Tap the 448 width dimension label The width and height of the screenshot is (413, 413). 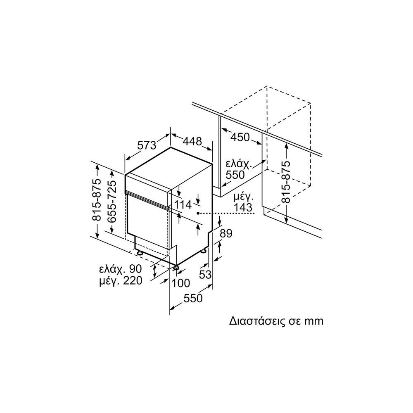click(192, 141)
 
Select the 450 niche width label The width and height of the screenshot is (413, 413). click(240, 137)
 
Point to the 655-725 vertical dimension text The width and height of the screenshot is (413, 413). click(111, 202)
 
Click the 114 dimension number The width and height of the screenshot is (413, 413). click(183, 204)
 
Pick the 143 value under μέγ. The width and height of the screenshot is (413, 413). click(242, 207)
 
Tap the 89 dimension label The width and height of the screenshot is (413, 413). click(225, 233)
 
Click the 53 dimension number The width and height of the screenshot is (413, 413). click(205, 274)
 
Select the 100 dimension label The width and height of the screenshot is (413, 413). click(180, 283)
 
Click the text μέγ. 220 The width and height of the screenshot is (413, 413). click(120, 281)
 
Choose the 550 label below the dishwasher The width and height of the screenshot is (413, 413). click(193, 298)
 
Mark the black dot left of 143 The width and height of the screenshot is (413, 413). click(199, 213)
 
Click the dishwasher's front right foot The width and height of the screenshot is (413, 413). click(177, 268)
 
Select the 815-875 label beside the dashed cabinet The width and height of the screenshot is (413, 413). click(285, 181)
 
